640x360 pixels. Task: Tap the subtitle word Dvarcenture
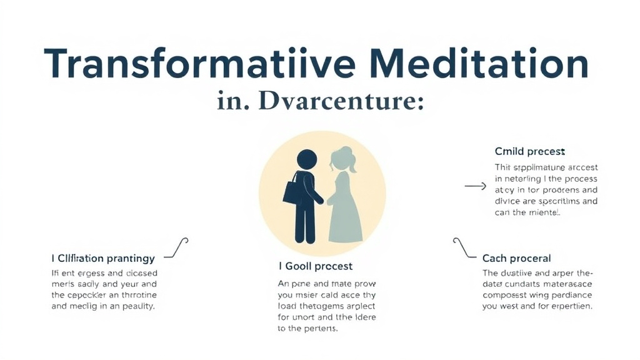click(337, 102)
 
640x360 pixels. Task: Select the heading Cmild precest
click(529, 151)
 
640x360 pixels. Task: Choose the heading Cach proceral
click(516, 258)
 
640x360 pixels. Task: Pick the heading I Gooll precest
click(315, 266)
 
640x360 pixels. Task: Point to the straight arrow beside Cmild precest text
click(476, 186)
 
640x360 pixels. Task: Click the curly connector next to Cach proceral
click(463, 247)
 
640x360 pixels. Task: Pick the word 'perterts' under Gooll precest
click(319, 329)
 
